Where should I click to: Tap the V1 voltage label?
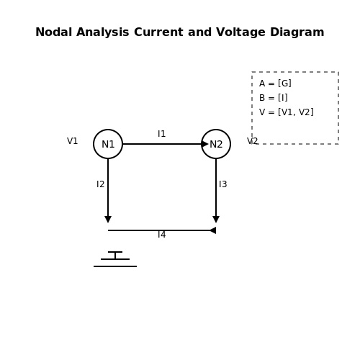[x=73, y=141]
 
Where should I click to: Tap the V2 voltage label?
[x=253, y=141]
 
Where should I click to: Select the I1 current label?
[x=162, y=134]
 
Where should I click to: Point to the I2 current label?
[x=101, y=184]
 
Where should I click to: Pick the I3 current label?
[x=223, y=184]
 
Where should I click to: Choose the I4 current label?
[x=162, y=235]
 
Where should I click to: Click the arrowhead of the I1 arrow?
[x=205, y=144]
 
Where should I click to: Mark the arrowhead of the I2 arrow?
[x=108, y=220]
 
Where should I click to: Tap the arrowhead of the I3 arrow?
[x=216, y=220]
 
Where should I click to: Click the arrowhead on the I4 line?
[x=212, y=230]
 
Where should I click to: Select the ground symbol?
[x=115, y=259]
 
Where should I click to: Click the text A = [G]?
[x=275, y=84]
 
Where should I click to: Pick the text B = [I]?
[x=274, y=98]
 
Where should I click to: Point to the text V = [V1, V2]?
[x=287, y=112]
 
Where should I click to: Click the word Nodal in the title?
[x=53, y=32]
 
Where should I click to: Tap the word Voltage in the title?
[x=240, y=32]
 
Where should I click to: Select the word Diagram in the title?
[x=297, y=32]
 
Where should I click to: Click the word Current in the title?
[x=158, y=32]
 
